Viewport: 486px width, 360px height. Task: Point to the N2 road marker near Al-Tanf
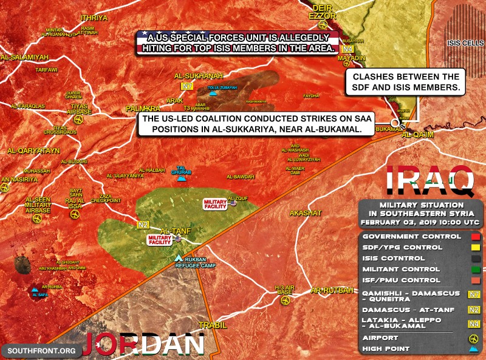click(x=143, y=224)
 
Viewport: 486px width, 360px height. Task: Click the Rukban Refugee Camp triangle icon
click(x=178, y=258)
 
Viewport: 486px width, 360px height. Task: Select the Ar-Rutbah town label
click(x=332, y=291)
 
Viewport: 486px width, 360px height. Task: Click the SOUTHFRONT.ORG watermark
click(x=42, y=350)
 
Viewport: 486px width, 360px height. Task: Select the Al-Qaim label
click(x=416, y=134)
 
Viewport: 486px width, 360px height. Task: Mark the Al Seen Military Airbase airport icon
click(x=38, y=217)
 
